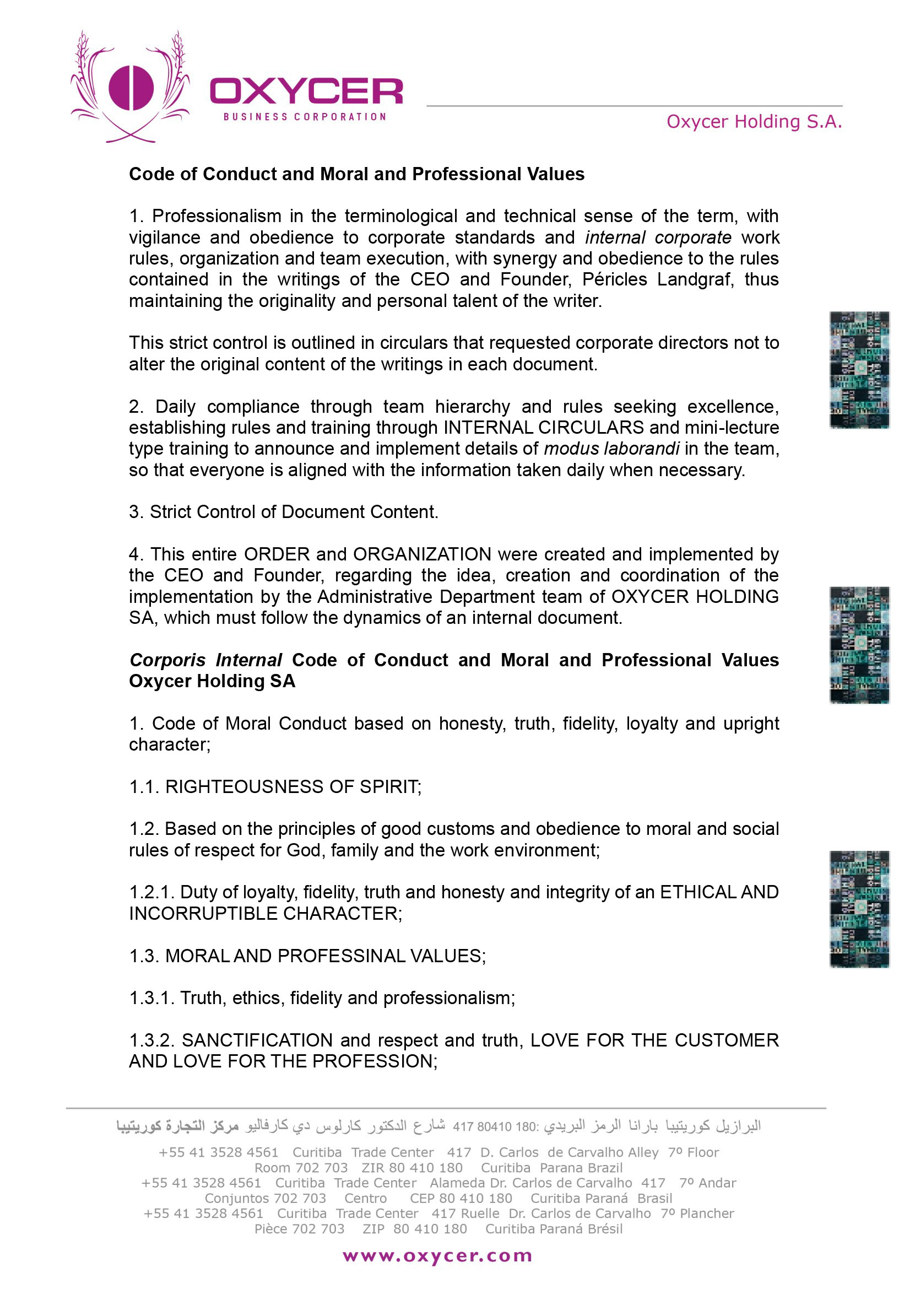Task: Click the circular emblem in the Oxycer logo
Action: coord(131,88)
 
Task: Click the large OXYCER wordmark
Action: coord(306,91)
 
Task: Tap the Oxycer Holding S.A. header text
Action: coord(754,122)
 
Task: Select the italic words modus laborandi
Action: coord(611,449)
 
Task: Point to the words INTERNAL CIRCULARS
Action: coord(543,428)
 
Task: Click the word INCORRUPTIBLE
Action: coord(203,914)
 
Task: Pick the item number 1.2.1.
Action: coord(151,893)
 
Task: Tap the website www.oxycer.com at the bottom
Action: coord(437,1256)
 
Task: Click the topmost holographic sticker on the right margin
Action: coord(859,370)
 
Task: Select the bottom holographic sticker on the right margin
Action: coord(859,909)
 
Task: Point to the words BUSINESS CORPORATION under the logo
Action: coord(305,117)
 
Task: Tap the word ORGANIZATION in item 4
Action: coord(422,555)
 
